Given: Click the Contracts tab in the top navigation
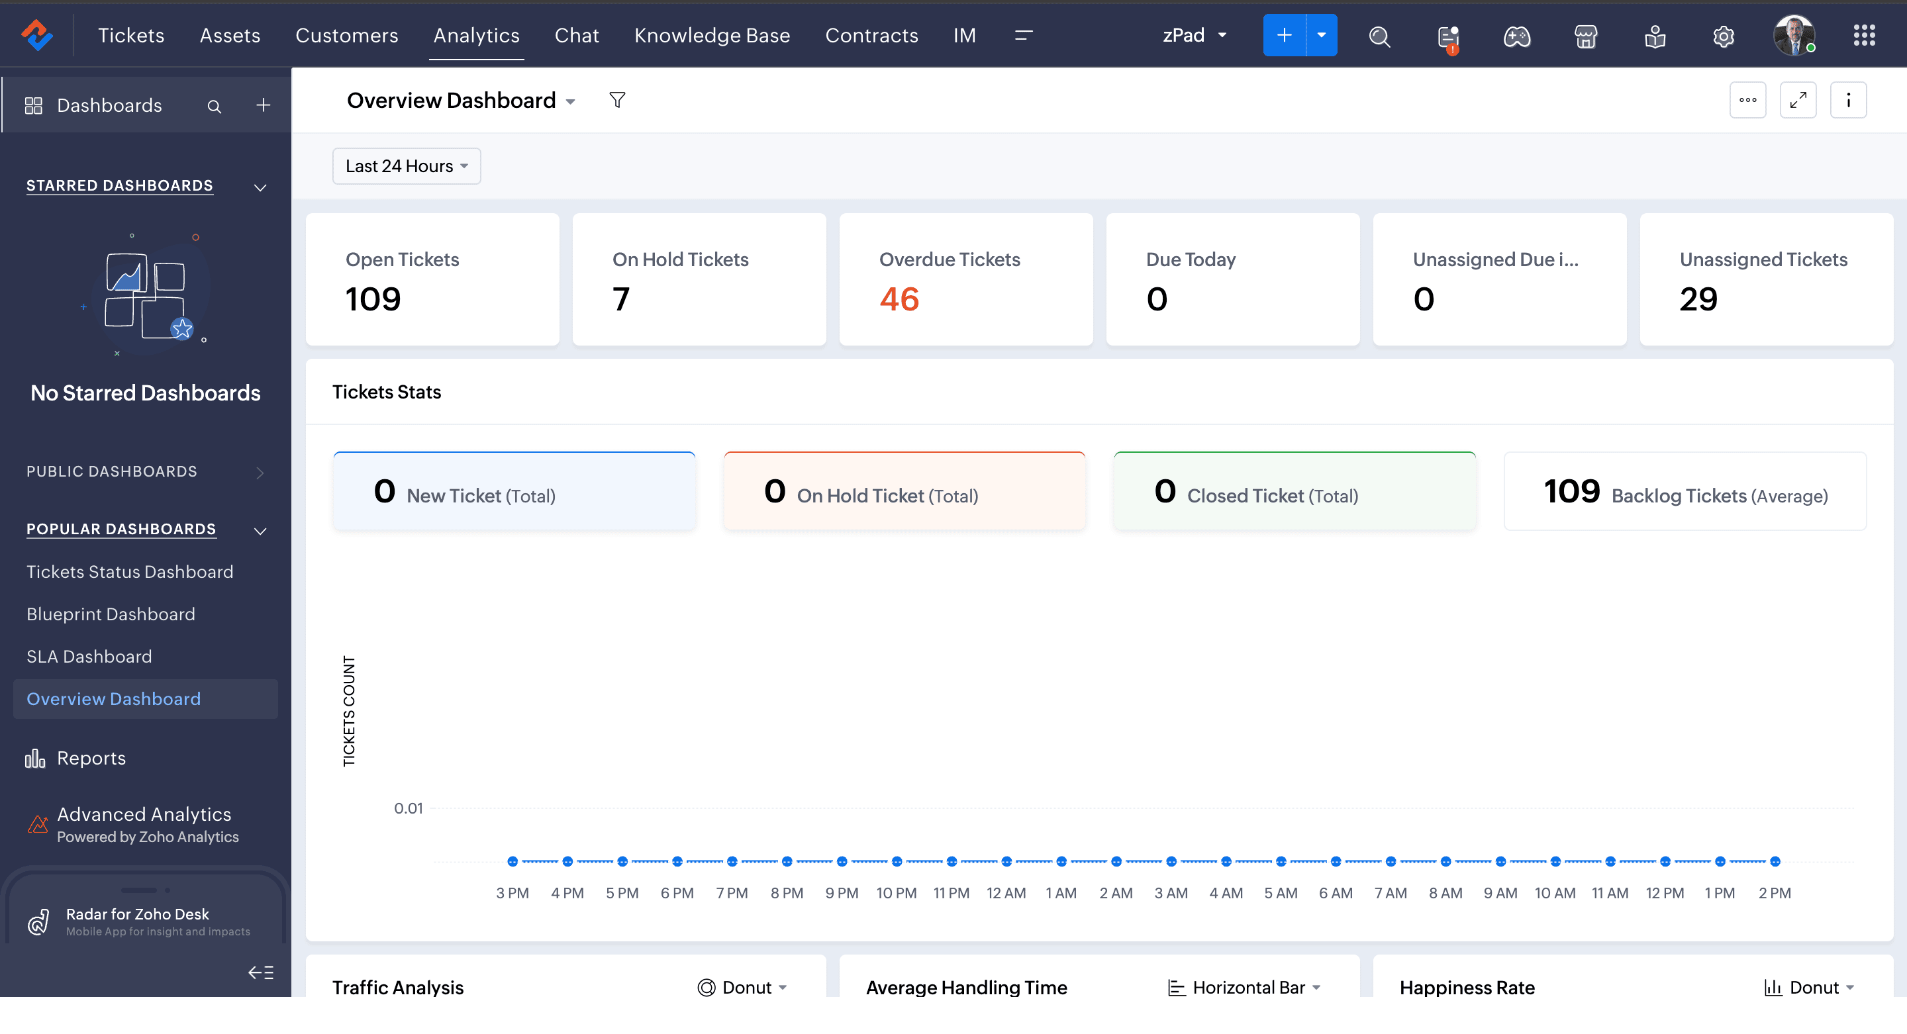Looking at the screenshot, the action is point(871,36).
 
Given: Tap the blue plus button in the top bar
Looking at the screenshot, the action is point(1284,35).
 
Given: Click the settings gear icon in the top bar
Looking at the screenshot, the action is point(1724,36).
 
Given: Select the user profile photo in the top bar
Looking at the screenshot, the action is point(1794,35).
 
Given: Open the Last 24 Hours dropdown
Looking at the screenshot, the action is point(407,165).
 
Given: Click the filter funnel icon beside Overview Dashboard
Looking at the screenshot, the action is point(616,100).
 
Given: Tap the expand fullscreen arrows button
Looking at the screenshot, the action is point(1798,100).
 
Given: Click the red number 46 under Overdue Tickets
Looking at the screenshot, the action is point(899,299).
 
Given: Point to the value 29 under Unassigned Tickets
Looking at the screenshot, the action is point(1698,299).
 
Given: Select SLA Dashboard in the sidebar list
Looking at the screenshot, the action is point(89,657).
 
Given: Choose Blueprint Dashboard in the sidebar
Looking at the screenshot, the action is point(111,614).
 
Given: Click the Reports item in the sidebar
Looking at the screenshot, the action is point(91,758).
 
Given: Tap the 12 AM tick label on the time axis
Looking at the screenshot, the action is point(1006,892).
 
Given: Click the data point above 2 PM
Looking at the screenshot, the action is point(1775,861).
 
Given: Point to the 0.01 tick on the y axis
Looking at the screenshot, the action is point(408,808).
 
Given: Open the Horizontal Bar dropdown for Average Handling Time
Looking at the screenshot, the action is point(1244,988).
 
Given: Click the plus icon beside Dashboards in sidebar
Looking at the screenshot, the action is point(263,105).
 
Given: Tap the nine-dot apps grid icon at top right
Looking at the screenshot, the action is point(1864,36).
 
